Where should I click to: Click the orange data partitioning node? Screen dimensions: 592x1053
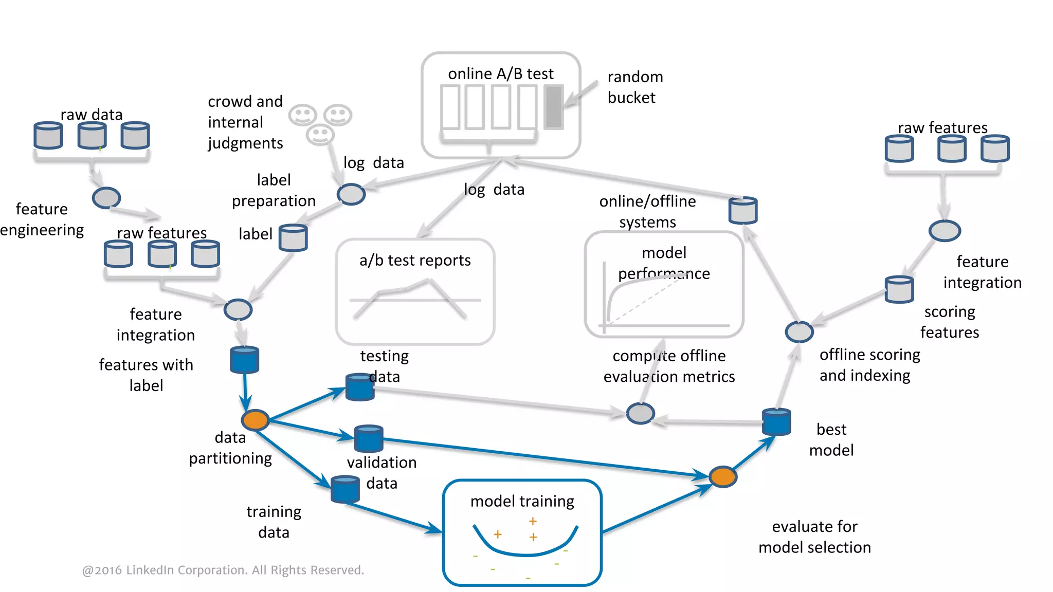pyautogui.click(x=256, y=420)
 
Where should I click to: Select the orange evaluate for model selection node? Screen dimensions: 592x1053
pyautogui.click(x=723, y=476)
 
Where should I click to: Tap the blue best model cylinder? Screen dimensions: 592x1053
pyautogui.click(x=776, y=422)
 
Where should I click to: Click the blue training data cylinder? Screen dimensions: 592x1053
pyautogui.click(x=345, y=489)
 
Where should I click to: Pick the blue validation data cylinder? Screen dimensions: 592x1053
pyautogui.click(x=369, y=438)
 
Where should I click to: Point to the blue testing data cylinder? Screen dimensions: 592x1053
pyautogui.click(x=359, y=387)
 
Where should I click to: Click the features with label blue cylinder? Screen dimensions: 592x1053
pyautogui.click(x=244, y=359)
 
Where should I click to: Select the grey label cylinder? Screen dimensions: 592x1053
pyautogui.click(x=293, y=237)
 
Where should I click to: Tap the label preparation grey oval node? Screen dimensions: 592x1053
pyautogui.click(x=351, y=194)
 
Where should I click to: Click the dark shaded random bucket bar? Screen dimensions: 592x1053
pyautogui.click(x=554, y=107)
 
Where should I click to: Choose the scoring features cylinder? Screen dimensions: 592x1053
pyautogui.click(x=899, y=289)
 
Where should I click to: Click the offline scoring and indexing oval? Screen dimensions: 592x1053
pyautogui.click(x=799, y=331)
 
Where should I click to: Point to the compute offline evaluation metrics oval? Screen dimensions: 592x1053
pyautogui.click(x=640, y=413)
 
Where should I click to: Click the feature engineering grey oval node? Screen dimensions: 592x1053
pyautogui.click(x=106, y=197)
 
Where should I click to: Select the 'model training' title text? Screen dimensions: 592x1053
pyautogui.click(x=522, y=501)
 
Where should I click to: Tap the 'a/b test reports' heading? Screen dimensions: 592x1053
pyautogui.click(x=415, y=261)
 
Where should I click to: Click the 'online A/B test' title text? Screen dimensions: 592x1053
pyautogui.click(x=500, y=74)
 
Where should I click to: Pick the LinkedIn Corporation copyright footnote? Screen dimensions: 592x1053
pyautogui.click(x=223, y=570)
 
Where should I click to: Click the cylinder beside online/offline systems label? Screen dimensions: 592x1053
pyautogui.click(x=743, y=210)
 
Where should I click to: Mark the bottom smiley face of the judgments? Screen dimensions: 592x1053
pyautogui.click(x=320, y=135)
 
